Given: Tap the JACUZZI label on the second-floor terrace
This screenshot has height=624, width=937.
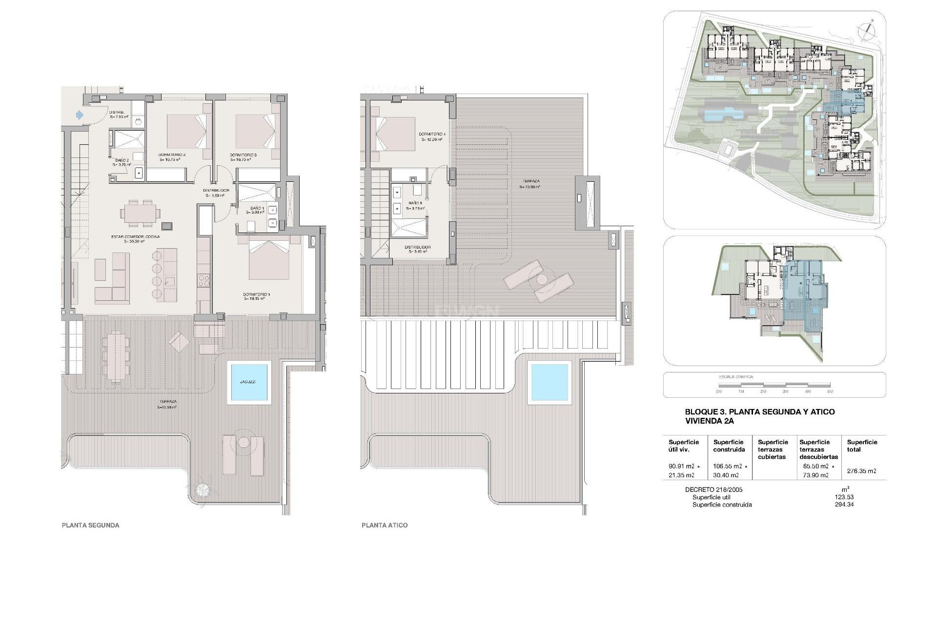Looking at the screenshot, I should (249, 382).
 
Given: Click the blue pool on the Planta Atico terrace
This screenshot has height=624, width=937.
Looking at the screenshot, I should (550, 383).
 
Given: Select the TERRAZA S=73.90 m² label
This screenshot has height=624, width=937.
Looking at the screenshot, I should (529, 183).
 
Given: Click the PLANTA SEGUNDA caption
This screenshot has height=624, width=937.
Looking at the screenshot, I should (90, 525).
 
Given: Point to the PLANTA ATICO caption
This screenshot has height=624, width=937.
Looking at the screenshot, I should (385, 525).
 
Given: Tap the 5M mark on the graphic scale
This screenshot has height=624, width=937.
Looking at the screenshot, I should (830, 391).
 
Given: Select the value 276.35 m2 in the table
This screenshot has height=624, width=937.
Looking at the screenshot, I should (862, 471).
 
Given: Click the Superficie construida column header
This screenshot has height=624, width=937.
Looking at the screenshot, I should (729, 446).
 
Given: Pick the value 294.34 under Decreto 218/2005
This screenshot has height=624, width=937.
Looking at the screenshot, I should (844, 505).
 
